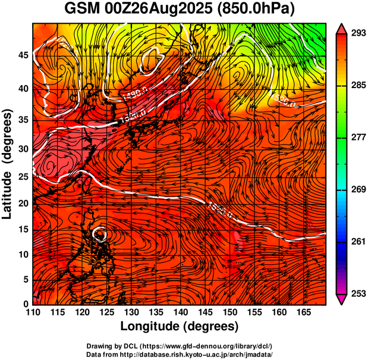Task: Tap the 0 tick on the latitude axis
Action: [x=24, y=304]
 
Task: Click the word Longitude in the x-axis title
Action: [x=150, y=326]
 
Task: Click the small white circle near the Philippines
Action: [x=100, y=233]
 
